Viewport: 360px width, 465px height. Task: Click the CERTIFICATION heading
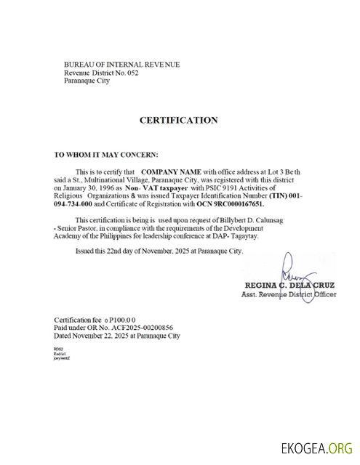click(x=178, y=120)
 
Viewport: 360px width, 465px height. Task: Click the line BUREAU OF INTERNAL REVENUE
click(x=121, y=65)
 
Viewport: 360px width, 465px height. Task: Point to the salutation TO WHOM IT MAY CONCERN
click(x=105, y=155)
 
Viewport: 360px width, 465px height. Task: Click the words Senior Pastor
click(x=81, y=228)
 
